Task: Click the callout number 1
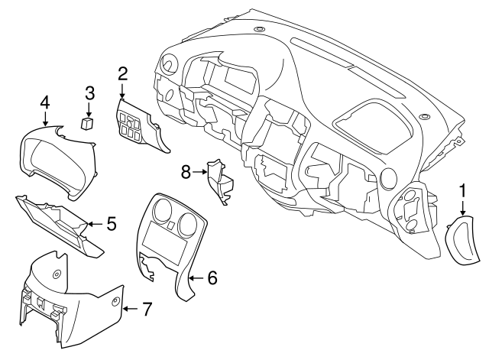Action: click(462, 188)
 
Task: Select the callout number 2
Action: click(122, 74)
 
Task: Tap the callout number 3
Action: click(89, 93)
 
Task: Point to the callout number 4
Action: click(45, 102)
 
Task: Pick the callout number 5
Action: click(111, 224)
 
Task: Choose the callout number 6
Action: click(212, 277)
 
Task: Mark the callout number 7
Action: click(147, 310)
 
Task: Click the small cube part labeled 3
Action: click(88, 122)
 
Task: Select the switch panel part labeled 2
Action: click(136, 126)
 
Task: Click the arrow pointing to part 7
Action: click(129, 310)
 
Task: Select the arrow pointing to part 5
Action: click(92, 224)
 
